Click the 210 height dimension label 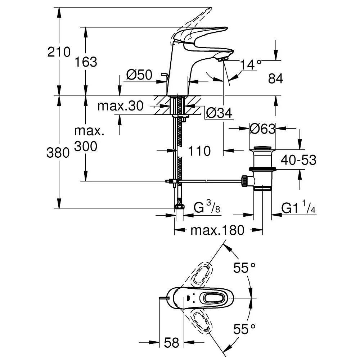pos(59,53)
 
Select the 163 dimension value pos(86,62)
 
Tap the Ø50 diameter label pos(139,75)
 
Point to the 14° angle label pos(251,65)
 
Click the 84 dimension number pos(276,79)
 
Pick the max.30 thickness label pos(121,106)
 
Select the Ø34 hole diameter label pos(219,114)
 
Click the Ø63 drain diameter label pos(263,129)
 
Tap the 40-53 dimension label pos(298,160)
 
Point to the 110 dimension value pos(199,151)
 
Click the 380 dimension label pos(58,153)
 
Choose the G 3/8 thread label pos(207,208)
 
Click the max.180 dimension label pos(217,230)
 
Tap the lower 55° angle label pos(245,329)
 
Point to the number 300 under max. pos(86,146)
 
